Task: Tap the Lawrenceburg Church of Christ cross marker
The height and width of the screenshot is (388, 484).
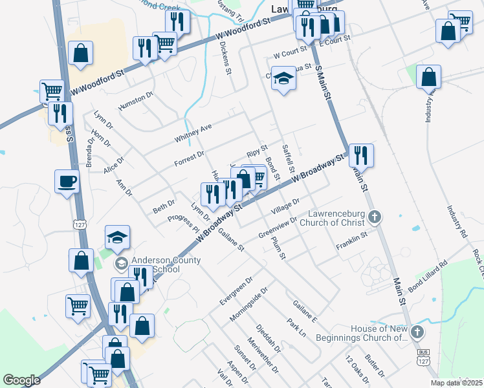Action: (x=375, y=218)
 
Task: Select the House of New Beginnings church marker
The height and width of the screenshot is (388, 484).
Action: (x=417, y=333)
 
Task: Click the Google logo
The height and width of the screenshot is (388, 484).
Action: (x=21, y=380)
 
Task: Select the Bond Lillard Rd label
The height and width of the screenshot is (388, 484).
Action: (x=428, y=274)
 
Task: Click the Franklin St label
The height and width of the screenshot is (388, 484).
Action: (x=351, y=247)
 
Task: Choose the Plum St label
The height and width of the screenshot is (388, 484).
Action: (x=278, y=248)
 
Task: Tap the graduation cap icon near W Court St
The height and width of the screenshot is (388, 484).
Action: (x=283, y=80)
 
